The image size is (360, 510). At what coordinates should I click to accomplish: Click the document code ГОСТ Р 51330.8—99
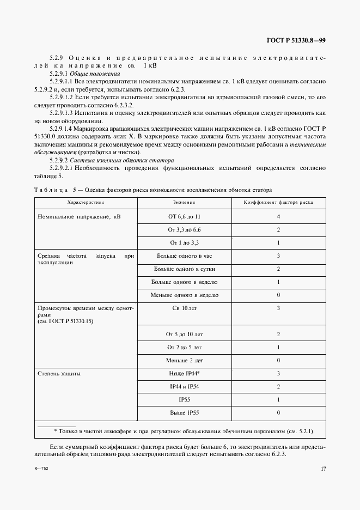point(296,40)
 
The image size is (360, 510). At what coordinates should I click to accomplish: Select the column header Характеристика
point(86,202)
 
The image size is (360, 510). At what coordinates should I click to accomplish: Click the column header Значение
point(185,202)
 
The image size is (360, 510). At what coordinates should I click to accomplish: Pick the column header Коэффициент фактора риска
point(278,202)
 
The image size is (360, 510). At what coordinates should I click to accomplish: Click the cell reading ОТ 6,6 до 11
point(185,216)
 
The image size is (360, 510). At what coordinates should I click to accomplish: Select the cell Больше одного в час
point(185,256)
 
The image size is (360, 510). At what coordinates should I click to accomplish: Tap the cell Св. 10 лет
point(185,308)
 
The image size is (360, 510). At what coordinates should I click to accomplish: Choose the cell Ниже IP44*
point(185,374)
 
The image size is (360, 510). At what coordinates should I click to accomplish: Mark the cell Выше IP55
point(185,413)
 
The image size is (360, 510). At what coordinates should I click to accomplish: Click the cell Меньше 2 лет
point(185,360)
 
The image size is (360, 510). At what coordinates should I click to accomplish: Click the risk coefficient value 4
point(278,216)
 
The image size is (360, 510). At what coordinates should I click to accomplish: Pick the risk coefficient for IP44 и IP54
point(278,387)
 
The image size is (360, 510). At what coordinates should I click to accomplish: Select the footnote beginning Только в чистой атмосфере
point(180,432)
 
